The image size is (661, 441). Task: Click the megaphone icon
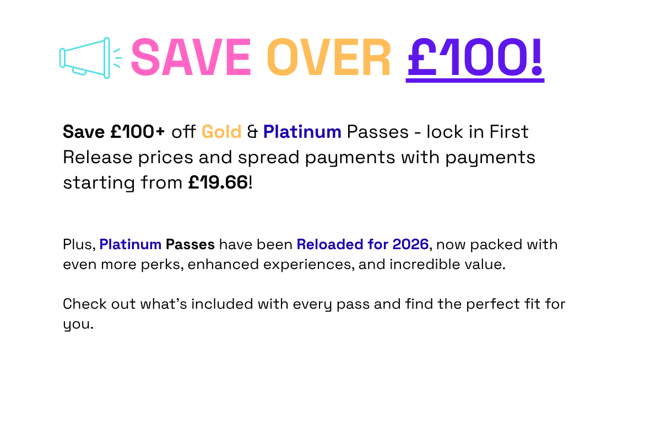85,58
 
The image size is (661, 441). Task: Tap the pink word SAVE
191,57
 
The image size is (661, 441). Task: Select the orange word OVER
328,57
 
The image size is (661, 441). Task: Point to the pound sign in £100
424,57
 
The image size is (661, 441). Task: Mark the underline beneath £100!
475,81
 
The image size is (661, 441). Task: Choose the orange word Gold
221,132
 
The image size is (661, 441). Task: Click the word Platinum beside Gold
302,132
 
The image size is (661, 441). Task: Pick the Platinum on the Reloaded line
131,244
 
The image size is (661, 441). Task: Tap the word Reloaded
329,244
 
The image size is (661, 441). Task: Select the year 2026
410,244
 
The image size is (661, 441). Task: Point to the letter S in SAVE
145,57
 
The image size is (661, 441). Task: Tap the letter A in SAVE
175,57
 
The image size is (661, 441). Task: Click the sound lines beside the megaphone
117,58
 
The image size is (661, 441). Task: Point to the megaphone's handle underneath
79,72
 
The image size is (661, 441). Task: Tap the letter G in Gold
207,132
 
